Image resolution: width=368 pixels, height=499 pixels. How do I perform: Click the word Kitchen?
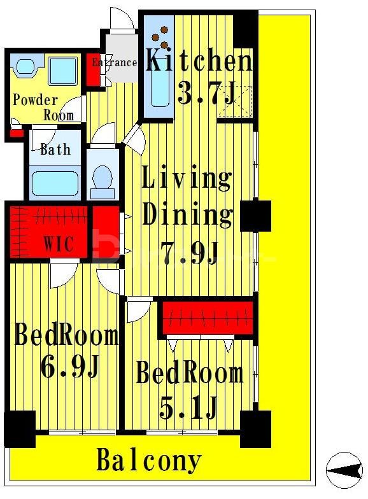(x=199, y=60)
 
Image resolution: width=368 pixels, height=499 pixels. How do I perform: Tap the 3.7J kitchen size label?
(x=206, y=92)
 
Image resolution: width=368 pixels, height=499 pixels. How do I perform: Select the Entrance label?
(x=115, y=62)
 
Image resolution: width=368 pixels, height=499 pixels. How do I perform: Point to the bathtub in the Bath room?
(x=55, y=183)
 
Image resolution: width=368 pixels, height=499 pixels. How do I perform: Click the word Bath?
(x=55, y=149)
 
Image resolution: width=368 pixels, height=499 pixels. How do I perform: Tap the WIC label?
(x=59, y=243)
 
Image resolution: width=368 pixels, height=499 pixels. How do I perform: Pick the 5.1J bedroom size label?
(x=188, y=407)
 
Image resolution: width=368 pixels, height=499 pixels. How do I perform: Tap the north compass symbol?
(x=344, y=470)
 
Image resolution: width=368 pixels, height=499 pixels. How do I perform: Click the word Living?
(x=187, y=178)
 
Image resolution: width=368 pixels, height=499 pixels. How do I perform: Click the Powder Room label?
(x=43, y=108)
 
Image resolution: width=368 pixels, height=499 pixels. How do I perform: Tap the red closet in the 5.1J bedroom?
(x=208, y=318)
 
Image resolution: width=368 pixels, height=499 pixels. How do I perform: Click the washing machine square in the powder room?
(x=62, y=71)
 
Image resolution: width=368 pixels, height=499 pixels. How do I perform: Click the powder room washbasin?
(x=25, y=67)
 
